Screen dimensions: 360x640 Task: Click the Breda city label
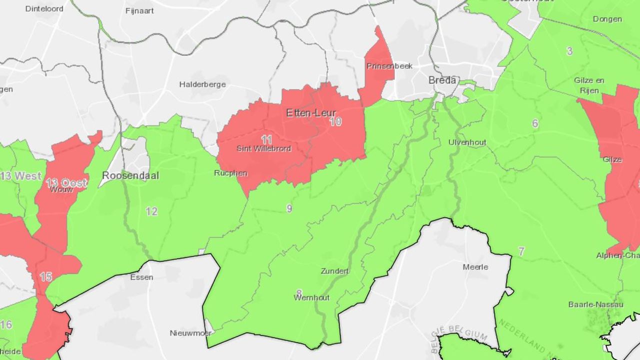click(442, 80)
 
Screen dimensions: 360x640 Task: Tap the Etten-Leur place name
click(311, 113)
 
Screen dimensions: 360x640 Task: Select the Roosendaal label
click(130, 175)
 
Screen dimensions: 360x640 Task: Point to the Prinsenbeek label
click(389, 66)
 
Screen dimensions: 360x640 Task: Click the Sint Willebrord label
click(264, 148)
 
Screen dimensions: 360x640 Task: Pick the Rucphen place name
click(230, 173)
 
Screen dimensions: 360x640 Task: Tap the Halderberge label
click(202, 84)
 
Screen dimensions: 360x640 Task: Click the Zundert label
click(335, 271)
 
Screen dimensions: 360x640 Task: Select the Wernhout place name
click(312, 297)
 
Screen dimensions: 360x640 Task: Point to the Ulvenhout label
click(467, 142)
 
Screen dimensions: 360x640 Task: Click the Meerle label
click(475, 267)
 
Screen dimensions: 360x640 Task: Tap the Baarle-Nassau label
click(596, 304)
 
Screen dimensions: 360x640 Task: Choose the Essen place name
click(141, 277)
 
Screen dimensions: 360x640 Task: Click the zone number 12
click(151, 211)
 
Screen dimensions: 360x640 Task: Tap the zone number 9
click(289, 208)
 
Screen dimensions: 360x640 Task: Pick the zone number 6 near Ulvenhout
click(535, 123)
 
